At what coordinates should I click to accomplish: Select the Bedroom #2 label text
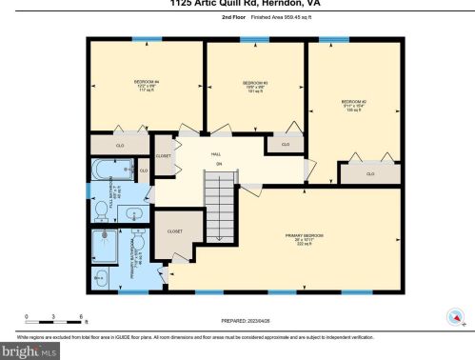click(354, 103)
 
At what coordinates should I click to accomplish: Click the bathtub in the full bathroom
click(108, 172)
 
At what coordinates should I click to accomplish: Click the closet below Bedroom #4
click(120, 146)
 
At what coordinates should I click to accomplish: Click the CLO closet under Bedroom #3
click(286, 145)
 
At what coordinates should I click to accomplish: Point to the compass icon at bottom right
click(454, 316)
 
